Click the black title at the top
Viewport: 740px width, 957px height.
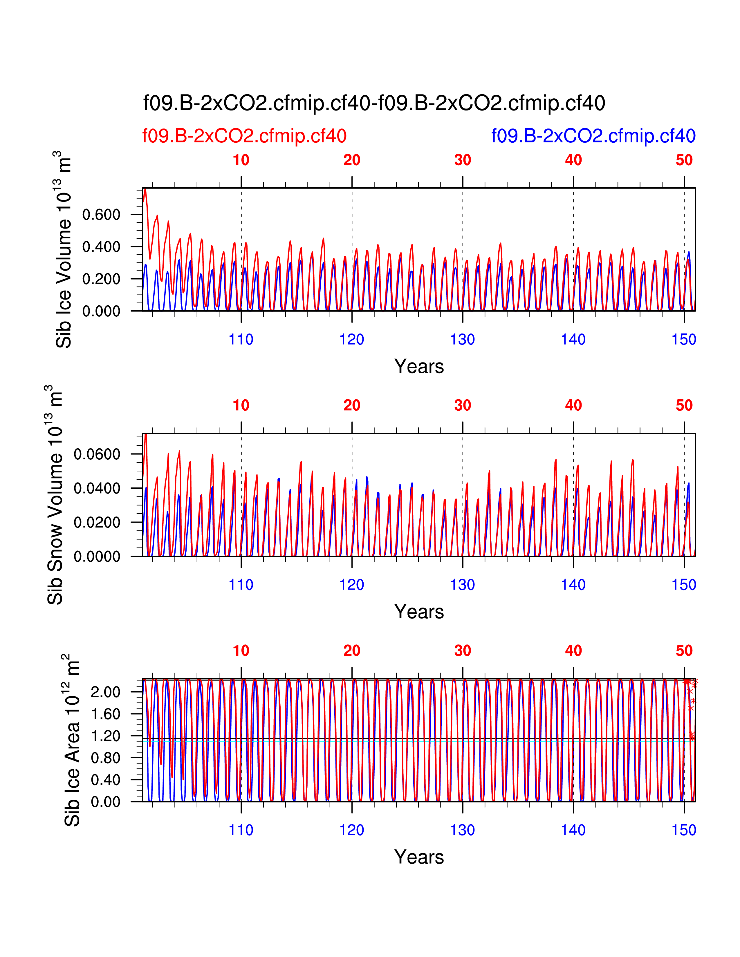[x=374, y=104]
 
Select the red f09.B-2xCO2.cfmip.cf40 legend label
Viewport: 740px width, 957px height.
[x=244, y=136]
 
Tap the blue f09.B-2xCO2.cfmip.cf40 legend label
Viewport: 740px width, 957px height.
[x=593, y=136]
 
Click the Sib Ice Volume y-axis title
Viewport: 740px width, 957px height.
[x=64, y=250]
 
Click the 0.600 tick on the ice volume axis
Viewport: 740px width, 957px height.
[x=101, y=215]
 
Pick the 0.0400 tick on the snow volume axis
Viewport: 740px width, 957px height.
[x=97, y=488]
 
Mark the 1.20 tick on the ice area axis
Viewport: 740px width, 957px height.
[x=105, y=736]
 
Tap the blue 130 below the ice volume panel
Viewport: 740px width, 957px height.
[x=463, y=339]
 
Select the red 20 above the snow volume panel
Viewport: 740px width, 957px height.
[x=352, y=405]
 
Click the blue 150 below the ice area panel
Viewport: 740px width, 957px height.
[x=684, y=830]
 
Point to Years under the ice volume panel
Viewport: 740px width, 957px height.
[x=419, y=366]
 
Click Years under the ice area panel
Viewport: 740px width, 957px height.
[x=419, y=857]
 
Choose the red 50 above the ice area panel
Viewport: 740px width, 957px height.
[x=684, y=651]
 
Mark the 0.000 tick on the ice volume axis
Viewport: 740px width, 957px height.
[x=101, y=311]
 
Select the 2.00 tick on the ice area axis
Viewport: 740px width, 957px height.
[x=105, y=692]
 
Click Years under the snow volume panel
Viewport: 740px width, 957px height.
[x=419, y=612]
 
